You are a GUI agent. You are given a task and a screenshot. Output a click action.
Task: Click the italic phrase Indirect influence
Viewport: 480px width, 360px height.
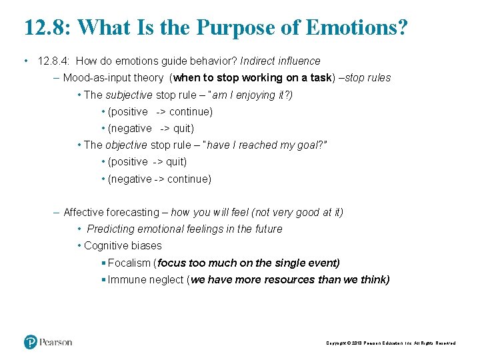(280, 61)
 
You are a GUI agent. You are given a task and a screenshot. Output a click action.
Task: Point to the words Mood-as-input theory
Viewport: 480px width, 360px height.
(113, 78)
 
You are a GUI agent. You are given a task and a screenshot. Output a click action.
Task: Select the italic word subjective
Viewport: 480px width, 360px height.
(129, 95)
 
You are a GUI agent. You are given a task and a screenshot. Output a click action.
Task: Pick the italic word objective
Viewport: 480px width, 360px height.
(127, 145)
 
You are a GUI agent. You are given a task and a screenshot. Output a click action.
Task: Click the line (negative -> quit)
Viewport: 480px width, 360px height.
(151, 128)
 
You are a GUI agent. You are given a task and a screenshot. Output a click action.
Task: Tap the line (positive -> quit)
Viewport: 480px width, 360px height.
(147, 161)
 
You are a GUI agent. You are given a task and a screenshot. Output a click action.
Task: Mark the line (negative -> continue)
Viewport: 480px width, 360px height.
(159, 179)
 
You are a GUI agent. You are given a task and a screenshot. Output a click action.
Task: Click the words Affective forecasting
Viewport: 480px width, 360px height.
(111, 212)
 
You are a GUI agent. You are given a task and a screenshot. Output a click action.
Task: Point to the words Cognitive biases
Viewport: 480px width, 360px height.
(123, 245)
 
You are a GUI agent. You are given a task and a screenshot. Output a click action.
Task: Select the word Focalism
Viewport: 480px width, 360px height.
(129, 263)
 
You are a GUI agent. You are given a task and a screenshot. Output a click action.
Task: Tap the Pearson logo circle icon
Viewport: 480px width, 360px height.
(31, 342)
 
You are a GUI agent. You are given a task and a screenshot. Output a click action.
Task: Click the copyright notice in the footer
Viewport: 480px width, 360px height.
(391, 343)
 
